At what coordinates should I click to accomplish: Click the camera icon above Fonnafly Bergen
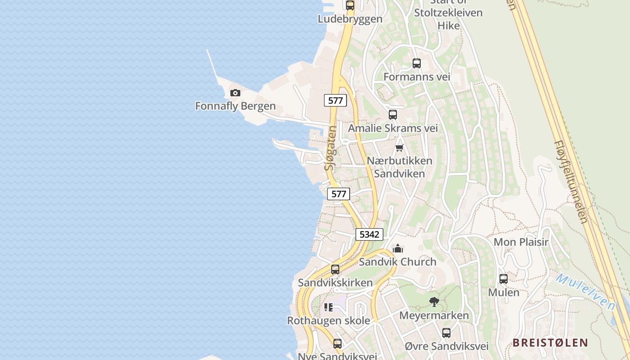point(235,93)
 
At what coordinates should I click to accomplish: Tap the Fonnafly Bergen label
point(235,106)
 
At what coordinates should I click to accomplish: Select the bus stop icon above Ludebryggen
point(350,5)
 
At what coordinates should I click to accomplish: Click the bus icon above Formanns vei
point(417,63)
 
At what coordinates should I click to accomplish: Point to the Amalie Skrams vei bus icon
point(393,115)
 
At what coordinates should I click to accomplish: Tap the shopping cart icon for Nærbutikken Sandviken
point(399,148)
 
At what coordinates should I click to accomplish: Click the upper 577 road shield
point(335,100)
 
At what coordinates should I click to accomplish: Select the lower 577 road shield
point(338,194)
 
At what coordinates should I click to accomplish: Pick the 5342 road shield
point(369,234)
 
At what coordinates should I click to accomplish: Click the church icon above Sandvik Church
point(398,248)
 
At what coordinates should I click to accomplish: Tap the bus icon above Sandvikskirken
point(335,270)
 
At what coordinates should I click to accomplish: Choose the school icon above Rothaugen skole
point(328,307)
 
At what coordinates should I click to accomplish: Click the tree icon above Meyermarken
point(434,302)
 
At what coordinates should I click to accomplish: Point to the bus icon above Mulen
point(504,279)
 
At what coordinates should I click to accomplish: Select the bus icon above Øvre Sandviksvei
point(446,333)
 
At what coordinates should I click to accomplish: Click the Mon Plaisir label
point(521,242)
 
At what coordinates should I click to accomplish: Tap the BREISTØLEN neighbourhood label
point(550,342)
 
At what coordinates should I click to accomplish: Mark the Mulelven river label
point(585,291)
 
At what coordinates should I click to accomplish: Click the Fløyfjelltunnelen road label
point(570,182)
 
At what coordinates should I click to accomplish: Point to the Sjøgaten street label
point(331,148)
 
